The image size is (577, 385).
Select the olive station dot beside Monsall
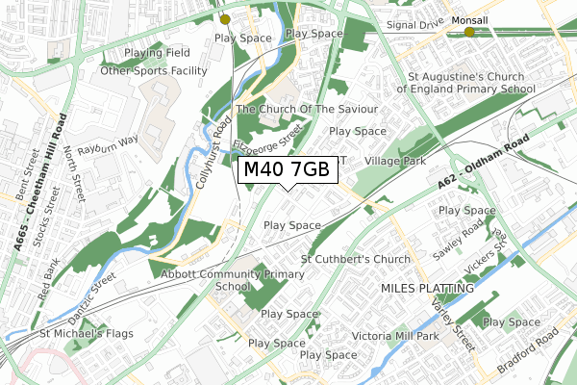469,33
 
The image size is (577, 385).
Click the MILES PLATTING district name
427,288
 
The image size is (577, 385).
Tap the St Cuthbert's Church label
356,259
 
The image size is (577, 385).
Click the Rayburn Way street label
110,140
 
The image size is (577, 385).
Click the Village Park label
395,162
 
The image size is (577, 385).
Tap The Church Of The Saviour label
307,110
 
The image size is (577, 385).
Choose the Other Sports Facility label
154,71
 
